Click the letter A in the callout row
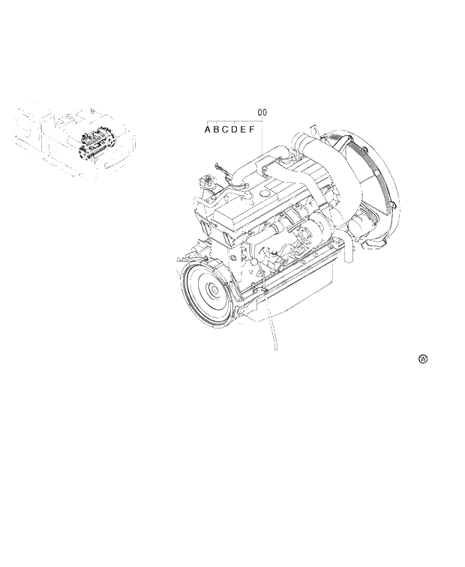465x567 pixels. pyautogui.click(x=208, y=130)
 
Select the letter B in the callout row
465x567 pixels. pyautogui.click(x=217, y=130)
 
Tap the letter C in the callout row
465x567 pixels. pyautogui.click(x=226, y=130)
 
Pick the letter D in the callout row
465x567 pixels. pyautogui.click(x=235, y=130)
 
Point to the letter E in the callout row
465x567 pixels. pyautogui.click(x=244, y=130)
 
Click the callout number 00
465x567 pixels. pyautogui.click(x=262, y=112)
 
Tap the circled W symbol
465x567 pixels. pyautogui.click(x=423, y=359)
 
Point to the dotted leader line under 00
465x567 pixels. pyautogui.click(x=262, y=142)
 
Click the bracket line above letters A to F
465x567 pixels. pyautogui.click(x=232, y=120)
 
